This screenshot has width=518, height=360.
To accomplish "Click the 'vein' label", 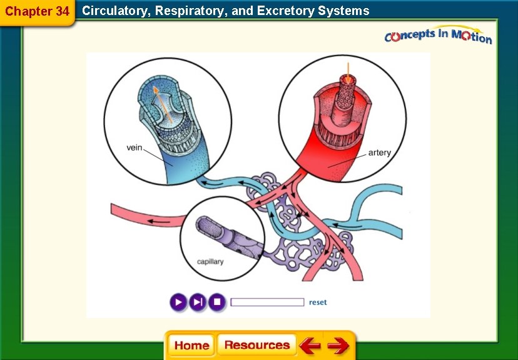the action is click(135, 148).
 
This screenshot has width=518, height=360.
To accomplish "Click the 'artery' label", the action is click(379, 152).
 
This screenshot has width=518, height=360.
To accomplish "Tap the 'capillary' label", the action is click(210, 261).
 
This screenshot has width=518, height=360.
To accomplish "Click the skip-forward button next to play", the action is click(198, 302).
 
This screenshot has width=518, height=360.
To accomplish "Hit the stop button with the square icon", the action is click(216, 302).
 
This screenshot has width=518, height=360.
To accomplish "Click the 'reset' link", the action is click(318, 302).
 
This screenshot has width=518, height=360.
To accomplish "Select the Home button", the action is click(191, 346).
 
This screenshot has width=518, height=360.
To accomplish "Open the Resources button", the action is click(257, 345).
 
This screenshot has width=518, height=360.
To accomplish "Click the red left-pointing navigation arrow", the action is click(309, 346).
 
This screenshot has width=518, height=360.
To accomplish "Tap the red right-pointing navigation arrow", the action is click(338, 346).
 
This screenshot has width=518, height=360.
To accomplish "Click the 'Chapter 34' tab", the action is click(37, 11).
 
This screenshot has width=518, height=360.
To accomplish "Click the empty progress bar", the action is click(267, 302).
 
